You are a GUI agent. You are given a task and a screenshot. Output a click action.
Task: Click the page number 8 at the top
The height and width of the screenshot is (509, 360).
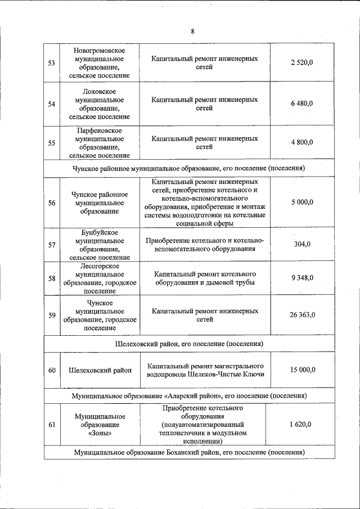click(192, 31)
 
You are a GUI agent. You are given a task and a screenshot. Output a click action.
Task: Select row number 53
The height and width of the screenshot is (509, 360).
click(51, 62)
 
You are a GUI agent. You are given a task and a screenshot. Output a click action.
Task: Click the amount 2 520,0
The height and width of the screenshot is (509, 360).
click(301, 62)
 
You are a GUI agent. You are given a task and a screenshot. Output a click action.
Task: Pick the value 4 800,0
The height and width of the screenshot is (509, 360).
click(301, 143)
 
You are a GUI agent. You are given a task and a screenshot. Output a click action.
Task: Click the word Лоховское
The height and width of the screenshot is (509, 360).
click(100, 91)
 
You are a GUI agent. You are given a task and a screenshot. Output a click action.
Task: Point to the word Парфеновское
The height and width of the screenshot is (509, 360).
click(100, 130)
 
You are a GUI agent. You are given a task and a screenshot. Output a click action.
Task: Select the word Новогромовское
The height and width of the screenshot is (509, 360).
click(100, 51)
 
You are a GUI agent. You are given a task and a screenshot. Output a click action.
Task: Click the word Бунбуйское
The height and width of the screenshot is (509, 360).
click(100, 232)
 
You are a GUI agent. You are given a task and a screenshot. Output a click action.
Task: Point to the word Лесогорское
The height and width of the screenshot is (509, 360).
click(100, 265)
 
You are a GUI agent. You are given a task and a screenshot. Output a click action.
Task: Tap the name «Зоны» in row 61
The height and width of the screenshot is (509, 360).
click(100, 434)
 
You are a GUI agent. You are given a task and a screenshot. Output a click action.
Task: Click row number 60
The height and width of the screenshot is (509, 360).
click(51, 370)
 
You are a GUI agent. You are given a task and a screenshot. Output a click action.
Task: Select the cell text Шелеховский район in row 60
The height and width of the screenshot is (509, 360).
click(100, 370)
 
